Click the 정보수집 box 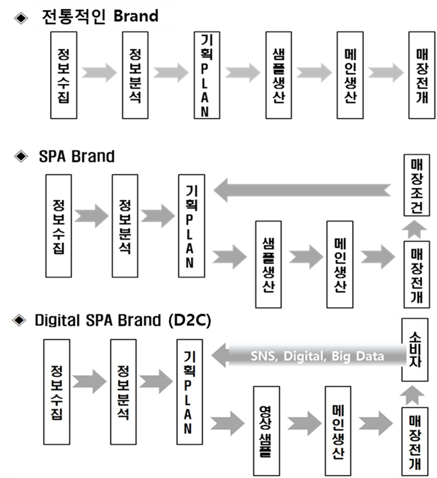coord(58,381)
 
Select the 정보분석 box coord(122,381)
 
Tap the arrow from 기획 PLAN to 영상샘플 coord(227,424)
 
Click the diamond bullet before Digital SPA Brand coord(19,321)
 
